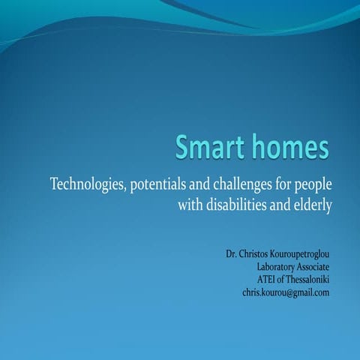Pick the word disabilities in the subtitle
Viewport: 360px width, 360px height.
tap(241, 205)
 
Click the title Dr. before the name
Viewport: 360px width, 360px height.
tap(232, 254)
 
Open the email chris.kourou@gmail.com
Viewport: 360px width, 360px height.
tap(285, 292)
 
